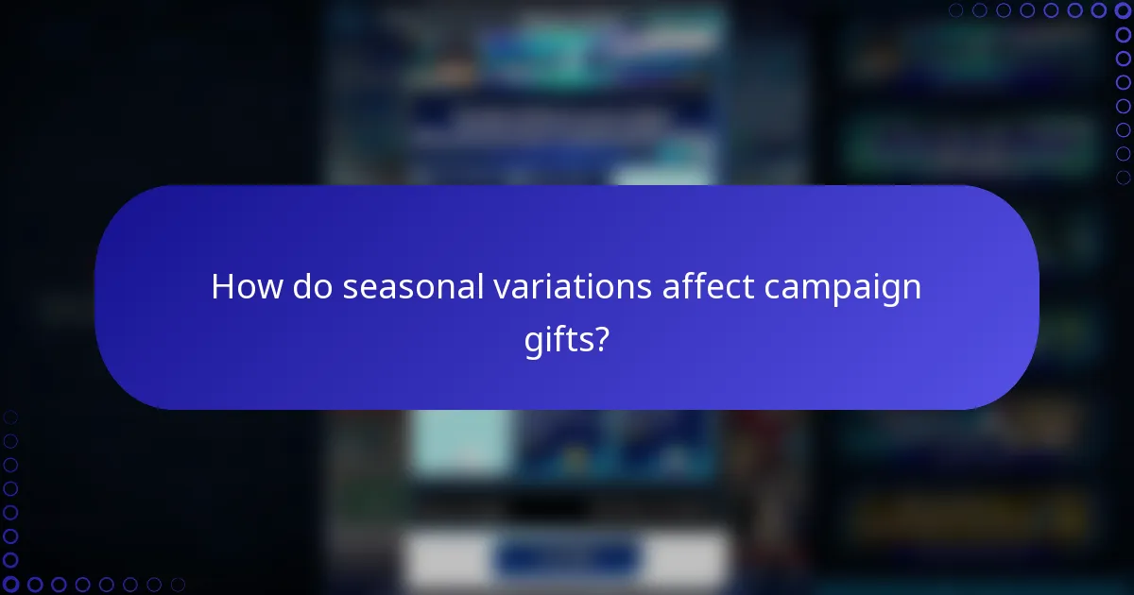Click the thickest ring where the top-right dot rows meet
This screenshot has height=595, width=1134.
click(x=1124, y=10)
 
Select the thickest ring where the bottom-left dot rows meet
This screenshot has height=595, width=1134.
click(x=10, y=585)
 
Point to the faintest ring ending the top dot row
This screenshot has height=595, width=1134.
click(x=956, y=10)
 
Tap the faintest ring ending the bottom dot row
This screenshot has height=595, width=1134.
click(x=178, y=585)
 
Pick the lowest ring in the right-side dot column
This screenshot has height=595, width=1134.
click(x=1124, y=178)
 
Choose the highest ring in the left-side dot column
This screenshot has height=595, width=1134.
click(x=10, y=416)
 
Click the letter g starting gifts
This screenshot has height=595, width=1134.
click(x=532, y=338)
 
